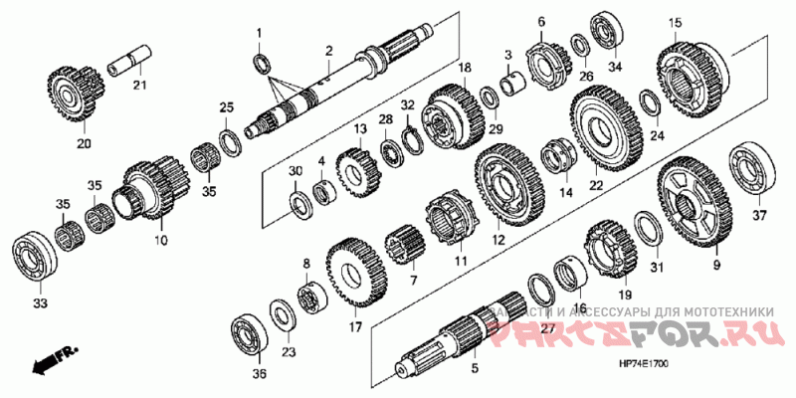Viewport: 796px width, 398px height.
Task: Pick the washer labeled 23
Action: (282, 317)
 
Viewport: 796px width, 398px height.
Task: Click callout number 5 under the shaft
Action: (475, 369)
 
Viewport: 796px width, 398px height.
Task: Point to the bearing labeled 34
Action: (603, 30)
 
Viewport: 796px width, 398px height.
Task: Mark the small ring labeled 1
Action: (261, 64)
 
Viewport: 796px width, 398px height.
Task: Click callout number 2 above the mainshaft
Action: (328, 51)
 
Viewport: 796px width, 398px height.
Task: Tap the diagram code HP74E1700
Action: (643, 365)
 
